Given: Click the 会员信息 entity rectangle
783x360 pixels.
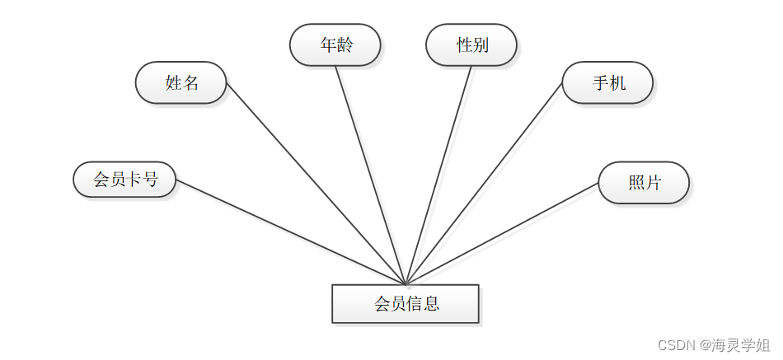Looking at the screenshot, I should (405, 303).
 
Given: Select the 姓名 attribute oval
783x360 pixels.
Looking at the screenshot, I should (181, 82).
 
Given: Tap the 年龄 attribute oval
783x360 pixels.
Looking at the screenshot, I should (335, 44).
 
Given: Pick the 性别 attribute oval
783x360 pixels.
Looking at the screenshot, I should (471, 44).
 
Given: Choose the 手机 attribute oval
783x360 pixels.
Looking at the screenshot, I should (607, 82).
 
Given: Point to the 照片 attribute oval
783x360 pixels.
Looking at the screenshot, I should (644, 183).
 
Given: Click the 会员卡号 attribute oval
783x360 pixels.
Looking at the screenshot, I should (124, 180).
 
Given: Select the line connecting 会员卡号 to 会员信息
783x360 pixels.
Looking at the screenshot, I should (288, 231).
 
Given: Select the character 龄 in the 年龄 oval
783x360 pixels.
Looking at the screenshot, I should (345, 44).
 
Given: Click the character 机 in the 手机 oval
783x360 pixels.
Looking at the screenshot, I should (617, 82).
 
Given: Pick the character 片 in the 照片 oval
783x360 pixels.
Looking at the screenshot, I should (654, 183).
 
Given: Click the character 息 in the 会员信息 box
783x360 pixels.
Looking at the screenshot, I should (431, 303).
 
